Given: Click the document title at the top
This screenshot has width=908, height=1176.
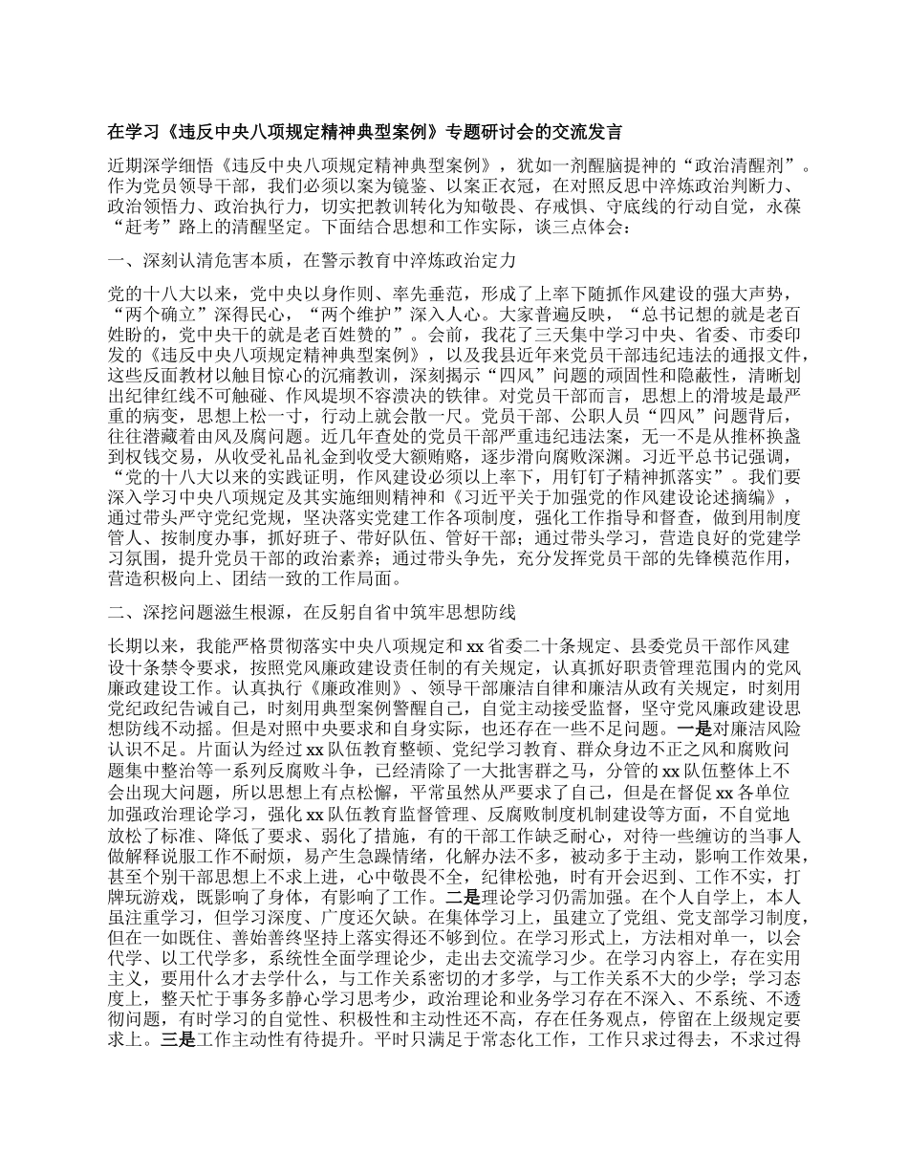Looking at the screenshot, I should point(362,131).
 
